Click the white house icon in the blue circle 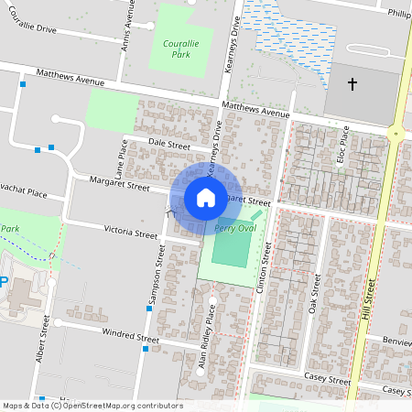point(206,198)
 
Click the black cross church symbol point(352,84)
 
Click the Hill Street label point(369,303)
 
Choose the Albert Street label point(42,341)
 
